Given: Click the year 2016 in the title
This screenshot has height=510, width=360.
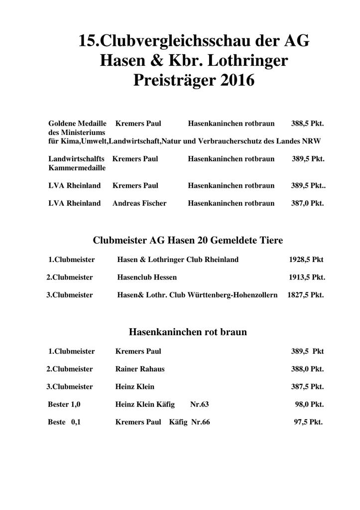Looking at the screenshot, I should [x=232, y=80].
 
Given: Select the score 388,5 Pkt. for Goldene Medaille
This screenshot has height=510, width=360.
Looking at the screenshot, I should [x=307, y=123].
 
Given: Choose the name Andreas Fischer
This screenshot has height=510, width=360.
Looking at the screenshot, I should [x=139, y=203].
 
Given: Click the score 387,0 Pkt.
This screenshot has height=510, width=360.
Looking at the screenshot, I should [x=307, y=203].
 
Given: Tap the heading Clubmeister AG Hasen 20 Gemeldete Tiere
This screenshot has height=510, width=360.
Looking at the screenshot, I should [x=188, y=241].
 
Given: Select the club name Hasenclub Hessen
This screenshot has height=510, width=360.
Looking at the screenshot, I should [x=147, y=277].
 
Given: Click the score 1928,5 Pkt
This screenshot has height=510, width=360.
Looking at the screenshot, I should [x=306, y=259].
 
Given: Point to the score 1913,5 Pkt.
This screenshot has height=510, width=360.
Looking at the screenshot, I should [x=307, y=277].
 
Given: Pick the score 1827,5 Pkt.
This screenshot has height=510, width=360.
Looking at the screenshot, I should [x=306, y=295].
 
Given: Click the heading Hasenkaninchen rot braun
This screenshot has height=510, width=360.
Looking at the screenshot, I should [x=188, y=332].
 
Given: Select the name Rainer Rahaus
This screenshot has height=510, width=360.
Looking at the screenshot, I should [x=140, y=369].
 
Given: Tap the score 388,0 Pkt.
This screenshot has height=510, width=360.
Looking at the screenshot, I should [x=307, y=369].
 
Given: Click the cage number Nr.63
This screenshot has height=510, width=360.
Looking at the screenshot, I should [x=200, y=404].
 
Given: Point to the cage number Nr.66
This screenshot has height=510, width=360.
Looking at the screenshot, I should [x=201, y=422].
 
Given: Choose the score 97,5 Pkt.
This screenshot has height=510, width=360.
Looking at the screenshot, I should [x=308, y=422].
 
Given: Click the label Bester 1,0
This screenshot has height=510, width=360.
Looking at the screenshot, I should [x=64, y=404].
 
